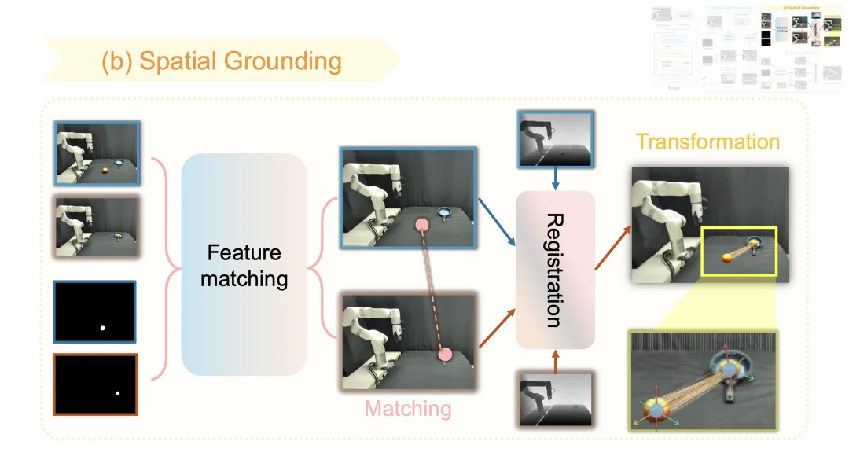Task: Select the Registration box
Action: (x=555, y=270)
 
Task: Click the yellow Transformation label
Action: (x=707, y=142)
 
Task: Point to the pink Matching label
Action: (x=408, y=409)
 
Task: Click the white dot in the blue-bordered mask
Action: (x=102, y=328)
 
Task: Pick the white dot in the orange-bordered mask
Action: (x=117, y=393)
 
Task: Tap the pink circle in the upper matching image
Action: (x=421, y=226)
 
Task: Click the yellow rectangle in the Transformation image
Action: (x=738, y=251)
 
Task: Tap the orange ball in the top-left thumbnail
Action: (x=105, y=167)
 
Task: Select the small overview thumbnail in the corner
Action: (x=747, y=47)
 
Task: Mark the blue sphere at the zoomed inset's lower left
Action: (x=655, y=410)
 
